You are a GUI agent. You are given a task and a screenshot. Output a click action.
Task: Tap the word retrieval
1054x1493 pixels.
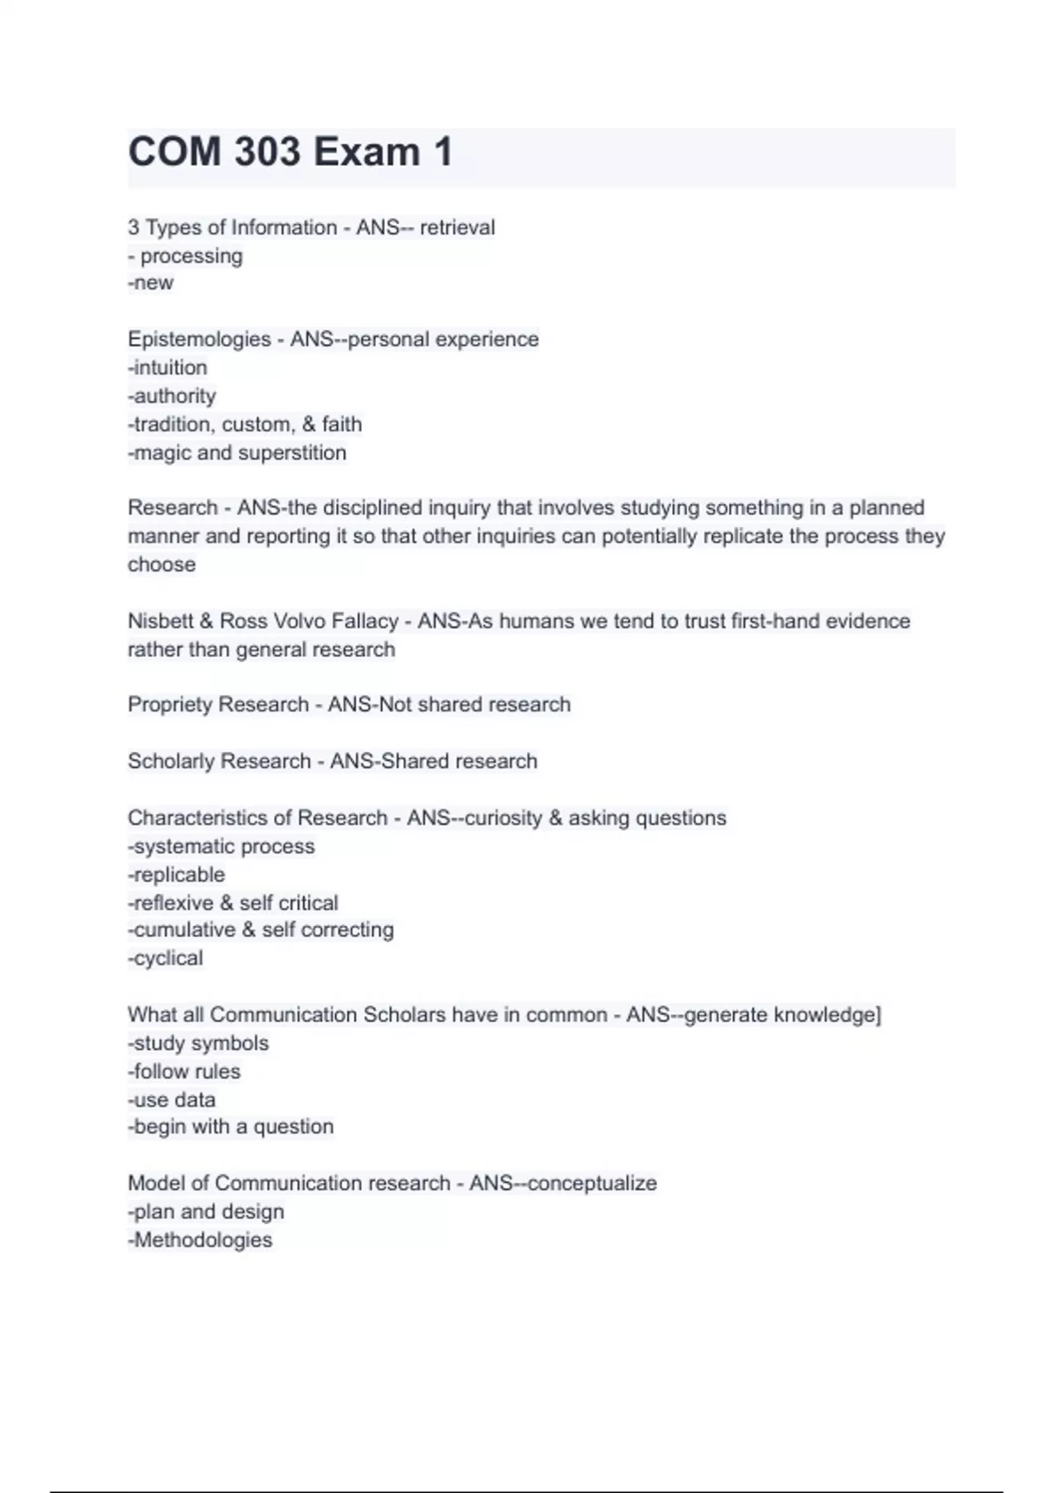pyautogui.click(x=457, y=227)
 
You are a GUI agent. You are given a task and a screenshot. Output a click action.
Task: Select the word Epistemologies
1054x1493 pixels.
pyautogui.click(x=199, y=339)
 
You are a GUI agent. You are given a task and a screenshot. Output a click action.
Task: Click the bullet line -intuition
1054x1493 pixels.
pyautogui.click(x=168, y=367)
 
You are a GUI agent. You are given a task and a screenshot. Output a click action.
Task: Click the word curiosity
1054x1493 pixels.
pyautogui.click(x=502, y=818)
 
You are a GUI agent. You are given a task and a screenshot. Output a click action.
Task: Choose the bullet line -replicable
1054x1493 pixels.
pyautogui.click(x=177, y=875)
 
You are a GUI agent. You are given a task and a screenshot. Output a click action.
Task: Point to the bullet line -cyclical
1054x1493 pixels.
pyautogui.click(x=165, y=958)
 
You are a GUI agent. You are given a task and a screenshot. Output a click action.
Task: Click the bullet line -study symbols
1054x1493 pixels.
pyautogui.click(x=199, y=1043)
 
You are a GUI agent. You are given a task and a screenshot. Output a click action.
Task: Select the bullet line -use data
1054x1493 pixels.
pyautogui.click(x=172, y=1100)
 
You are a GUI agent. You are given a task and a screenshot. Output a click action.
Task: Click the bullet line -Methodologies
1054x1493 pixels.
pyautogui.click(x=200, y=1240)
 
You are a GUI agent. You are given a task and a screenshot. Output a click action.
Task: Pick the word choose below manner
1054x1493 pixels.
pyautogui.click(x=162, y=565)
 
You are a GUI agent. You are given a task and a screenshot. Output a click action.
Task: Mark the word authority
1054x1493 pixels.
pyautogui.click(x=175, y=396)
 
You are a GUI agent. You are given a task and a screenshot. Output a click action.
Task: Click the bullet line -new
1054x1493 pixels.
pyautogui.click(x=151, y=283)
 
